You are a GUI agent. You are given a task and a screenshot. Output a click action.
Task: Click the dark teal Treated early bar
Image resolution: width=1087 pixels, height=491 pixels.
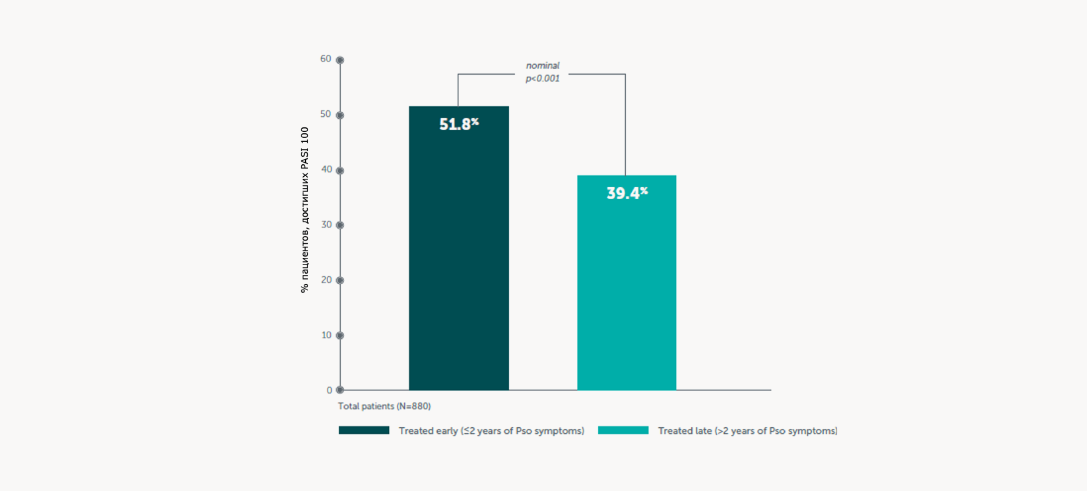tap(459, 255)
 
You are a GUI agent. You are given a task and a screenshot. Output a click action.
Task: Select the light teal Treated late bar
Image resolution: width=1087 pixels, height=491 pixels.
tap(626, 289)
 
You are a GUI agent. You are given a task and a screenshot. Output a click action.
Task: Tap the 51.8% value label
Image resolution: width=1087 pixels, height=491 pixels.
tap(459, 124)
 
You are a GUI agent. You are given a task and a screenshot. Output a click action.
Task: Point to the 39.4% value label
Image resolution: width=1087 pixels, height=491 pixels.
tap(627, 193)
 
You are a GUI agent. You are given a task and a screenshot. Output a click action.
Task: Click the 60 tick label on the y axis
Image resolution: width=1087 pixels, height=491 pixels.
tap(326, 59)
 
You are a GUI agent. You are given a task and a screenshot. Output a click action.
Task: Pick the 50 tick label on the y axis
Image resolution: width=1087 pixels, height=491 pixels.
tap(326, 114)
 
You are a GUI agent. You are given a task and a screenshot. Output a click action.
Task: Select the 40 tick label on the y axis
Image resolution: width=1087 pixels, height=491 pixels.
tap(327, 169)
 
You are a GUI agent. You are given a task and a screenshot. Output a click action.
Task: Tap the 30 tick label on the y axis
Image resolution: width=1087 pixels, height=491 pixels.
tap(327, 224)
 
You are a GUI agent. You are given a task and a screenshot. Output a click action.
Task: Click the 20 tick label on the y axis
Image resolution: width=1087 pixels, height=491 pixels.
tap(327, 279)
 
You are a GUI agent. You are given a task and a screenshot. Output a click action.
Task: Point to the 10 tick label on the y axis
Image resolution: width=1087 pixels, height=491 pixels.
tap(327, 335)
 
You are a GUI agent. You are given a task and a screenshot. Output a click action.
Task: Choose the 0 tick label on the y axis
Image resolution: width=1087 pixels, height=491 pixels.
tap(329, 390)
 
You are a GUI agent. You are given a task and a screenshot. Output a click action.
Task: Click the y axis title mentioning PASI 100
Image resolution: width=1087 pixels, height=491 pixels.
tap(304, 210)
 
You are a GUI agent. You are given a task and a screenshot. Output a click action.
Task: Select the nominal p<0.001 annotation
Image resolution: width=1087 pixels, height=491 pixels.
tap(542, 72)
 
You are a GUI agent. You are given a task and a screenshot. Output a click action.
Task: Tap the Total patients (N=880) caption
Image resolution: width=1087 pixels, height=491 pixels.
tap(384, 406)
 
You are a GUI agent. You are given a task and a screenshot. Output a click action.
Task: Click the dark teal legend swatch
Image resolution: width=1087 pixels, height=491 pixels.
tap(364, 430)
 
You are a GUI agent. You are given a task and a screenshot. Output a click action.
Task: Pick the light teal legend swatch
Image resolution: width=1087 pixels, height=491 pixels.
tap(623, 430)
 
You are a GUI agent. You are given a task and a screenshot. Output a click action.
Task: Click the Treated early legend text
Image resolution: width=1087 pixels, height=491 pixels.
tap(491, 431)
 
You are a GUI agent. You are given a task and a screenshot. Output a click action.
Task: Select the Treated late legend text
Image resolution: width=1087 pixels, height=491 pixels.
tap(747, 431)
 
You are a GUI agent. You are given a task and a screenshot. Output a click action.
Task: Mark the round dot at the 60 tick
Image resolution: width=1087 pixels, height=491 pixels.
tap(340, 60)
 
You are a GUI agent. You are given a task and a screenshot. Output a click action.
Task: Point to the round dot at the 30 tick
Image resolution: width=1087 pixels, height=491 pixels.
tap(340, 225)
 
